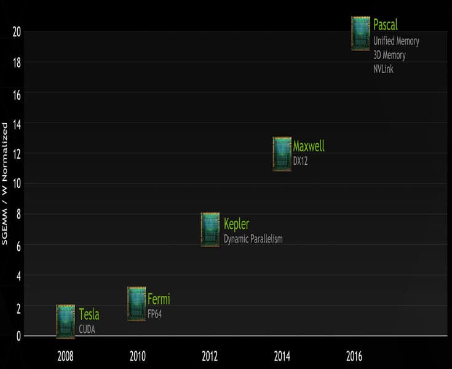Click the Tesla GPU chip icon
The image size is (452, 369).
(66, 322)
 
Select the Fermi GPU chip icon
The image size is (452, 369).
(137, 304)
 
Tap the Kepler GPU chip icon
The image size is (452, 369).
(210, 229)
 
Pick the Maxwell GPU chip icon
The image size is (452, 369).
(282, 154)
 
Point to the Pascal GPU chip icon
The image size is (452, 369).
(360, 33)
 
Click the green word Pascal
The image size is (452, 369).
(386, 25)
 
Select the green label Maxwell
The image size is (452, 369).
(309, 146)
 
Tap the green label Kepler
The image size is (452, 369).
(237, 224)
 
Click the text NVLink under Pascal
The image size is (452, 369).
(383, 69)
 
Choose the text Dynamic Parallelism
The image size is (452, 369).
(253, 239)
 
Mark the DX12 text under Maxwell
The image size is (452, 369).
(301, 161)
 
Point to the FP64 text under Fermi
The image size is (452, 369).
(154, 314)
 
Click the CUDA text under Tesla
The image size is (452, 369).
(87, 330)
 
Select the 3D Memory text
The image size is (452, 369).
(389, 55)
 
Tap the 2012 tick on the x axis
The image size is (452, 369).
(210, 355)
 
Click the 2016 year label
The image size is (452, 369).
(354, 355)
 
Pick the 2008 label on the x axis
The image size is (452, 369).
(66, 355)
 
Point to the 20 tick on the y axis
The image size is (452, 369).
(17, 32)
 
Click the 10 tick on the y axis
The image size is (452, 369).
(17, 183)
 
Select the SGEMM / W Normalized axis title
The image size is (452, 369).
(5, 183)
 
